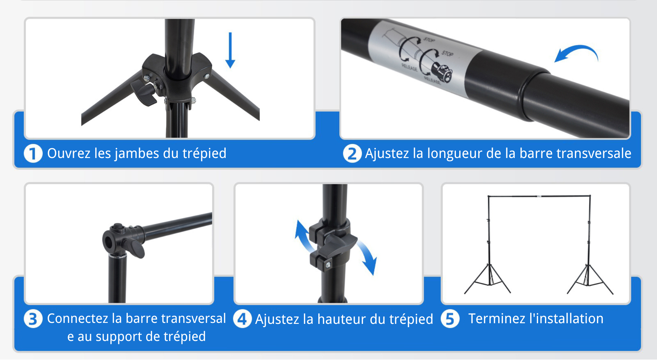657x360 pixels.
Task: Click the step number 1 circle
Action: click(33, 153)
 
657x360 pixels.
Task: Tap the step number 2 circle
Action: click(352, 153)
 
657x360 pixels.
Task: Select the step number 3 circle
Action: click(33, 319)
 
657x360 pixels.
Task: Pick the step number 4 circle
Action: click(242, 319)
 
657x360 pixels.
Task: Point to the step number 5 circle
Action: click(450, 319)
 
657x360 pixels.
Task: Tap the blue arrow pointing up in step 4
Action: click(302, 235)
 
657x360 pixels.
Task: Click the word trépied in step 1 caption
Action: click(204, 153)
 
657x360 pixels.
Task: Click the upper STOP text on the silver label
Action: click(429, 40)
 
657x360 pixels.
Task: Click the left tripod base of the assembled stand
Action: click(488, 281)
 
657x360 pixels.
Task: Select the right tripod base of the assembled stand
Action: click(589, 281)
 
